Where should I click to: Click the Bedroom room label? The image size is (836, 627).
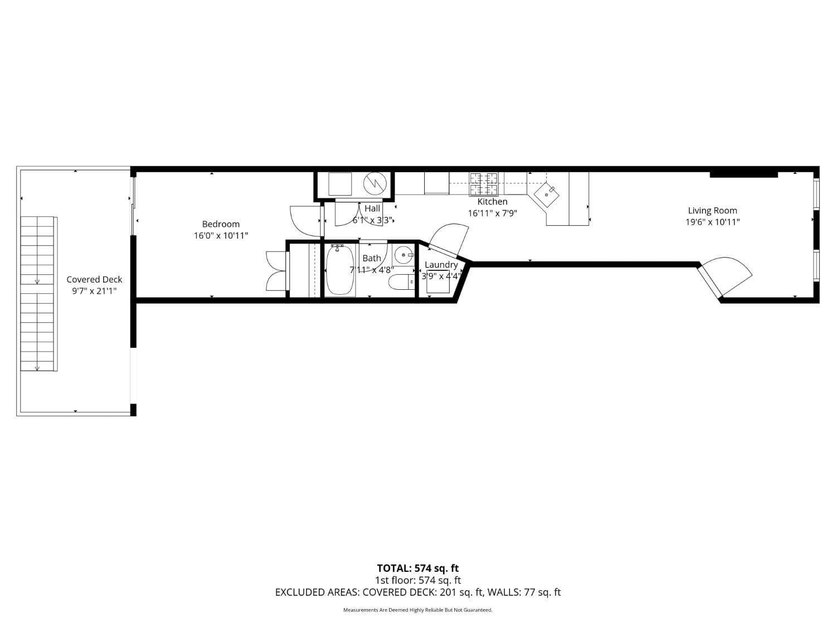tap(221, 224)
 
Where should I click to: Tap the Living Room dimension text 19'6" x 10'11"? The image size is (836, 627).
tap(712, 222)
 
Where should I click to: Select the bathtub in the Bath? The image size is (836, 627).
tap(340, 270)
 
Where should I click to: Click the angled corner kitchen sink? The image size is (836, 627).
tap(547, 195)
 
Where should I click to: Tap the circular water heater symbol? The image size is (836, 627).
tap(375, 183)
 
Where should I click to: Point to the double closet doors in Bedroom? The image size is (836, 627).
tap(276, 271)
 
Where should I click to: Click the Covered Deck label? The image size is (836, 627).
tap(94, 279)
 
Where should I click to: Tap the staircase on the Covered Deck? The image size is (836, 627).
tap(38, 294)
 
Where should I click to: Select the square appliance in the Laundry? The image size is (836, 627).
tap(438, 282)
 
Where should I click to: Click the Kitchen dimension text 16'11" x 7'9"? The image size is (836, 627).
tap(492, 213)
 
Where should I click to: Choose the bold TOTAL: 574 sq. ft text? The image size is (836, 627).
tap(417, 568)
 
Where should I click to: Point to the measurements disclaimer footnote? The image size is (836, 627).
tap(417, 610)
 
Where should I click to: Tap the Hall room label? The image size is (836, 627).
tap(372, 208)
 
